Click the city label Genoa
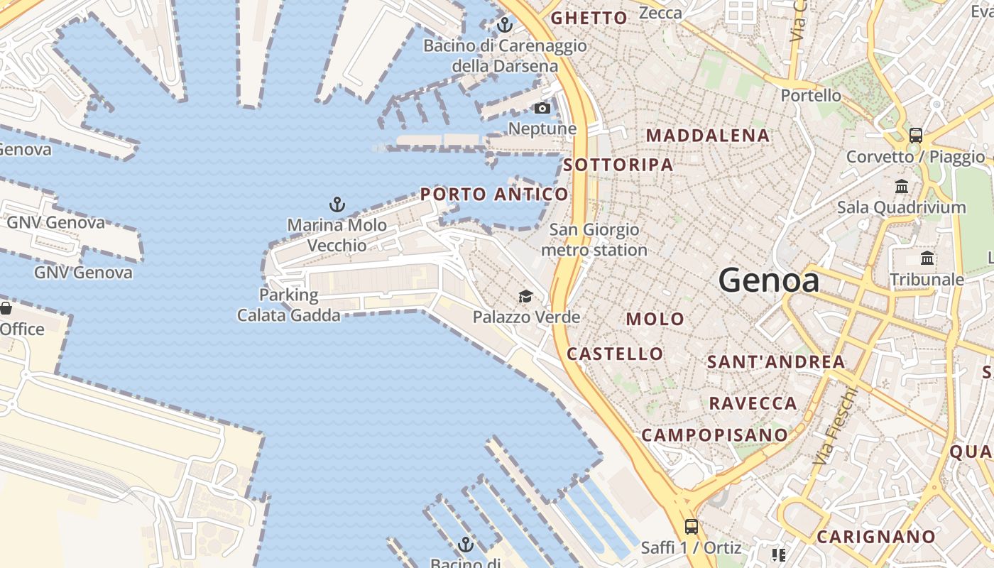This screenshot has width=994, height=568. (769, 280)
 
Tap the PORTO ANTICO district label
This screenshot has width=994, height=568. (494, 194)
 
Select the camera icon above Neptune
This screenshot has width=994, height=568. (542, 109)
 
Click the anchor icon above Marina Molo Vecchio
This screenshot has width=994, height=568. (337, 205)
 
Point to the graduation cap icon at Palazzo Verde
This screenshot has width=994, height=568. (525, 297)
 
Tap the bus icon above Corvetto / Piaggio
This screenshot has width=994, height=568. (916, 136)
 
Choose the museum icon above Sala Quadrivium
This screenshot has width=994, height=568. (902, 187)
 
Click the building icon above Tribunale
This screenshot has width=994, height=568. (927, 258)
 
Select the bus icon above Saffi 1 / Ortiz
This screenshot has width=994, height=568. (691, 527)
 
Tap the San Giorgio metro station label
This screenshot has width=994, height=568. (594, 240)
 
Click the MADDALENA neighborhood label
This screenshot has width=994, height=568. (708, 136)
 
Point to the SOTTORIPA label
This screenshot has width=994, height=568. (618, 165)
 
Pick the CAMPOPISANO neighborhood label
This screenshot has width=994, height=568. (714, 435)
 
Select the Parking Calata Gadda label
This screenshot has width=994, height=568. (289, 305)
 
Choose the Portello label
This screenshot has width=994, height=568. (811, 95)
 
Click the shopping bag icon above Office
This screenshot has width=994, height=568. (6, 309)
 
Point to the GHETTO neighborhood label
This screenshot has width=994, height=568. (589, 18)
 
